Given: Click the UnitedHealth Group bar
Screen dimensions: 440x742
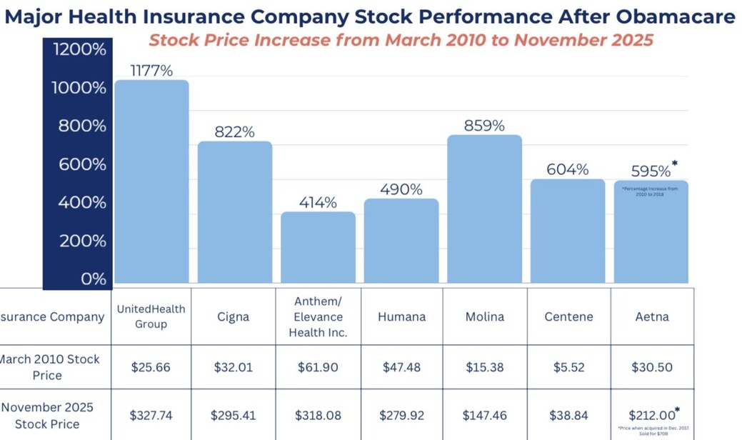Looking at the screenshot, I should click(x=151, y=181).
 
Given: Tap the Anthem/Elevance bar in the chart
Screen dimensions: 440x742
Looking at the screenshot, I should click(x=318, y=247).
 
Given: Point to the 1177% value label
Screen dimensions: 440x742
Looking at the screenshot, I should click(x=151, y=70).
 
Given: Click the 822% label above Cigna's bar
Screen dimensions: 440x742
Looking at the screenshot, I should click(x=235, y=132).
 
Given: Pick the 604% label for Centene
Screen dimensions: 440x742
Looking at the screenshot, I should click(x=567, y=169).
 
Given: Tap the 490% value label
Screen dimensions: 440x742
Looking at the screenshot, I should click(x=401, y=189).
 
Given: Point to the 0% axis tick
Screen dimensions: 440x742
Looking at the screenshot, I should click(x=93, y=279).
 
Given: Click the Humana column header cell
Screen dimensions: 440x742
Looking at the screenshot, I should click(x=401, y=316).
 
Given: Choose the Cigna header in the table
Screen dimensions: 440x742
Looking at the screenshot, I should click(x=234, y=316).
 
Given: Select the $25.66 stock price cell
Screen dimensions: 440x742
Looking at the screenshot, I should click(x=151, y=367).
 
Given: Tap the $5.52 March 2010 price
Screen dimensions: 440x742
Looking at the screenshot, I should click(x=568, y=367).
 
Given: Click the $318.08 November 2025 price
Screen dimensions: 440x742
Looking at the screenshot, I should click(x=318, y=415).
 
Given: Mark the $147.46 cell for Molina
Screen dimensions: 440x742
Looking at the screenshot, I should click(x=485, y=415).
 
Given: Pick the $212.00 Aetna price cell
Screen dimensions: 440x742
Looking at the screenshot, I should click(x=651, y=415).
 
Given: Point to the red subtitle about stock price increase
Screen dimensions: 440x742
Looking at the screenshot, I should click(x=401, y=39).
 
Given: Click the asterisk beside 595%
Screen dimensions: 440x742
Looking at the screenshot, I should click(x=675, y=164).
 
